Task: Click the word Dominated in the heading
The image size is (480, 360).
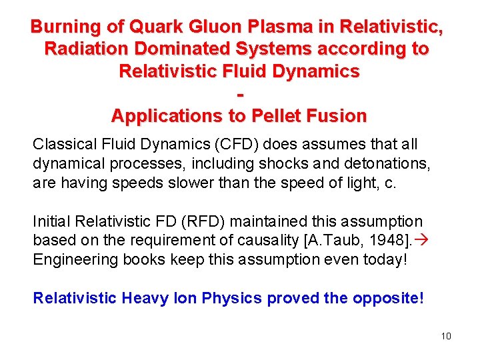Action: [173, 49]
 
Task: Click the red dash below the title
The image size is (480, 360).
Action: [239, 93]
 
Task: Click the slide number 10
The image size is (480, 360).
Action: [446, 336]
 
